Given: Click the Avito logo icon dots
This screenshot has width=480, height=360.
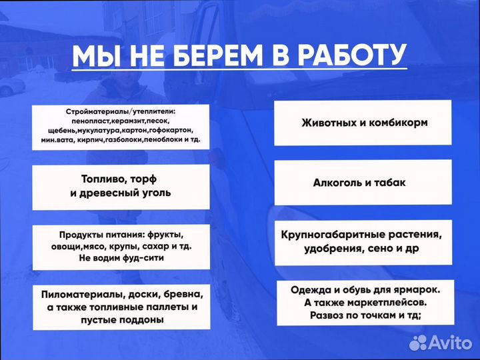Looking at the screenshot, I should [418, 343].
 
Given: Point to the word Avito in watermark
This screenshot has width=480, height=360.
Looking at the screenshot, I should [450, 343].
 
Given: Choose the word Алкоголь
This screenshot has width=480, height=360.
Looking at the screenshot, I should [338, 182].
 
